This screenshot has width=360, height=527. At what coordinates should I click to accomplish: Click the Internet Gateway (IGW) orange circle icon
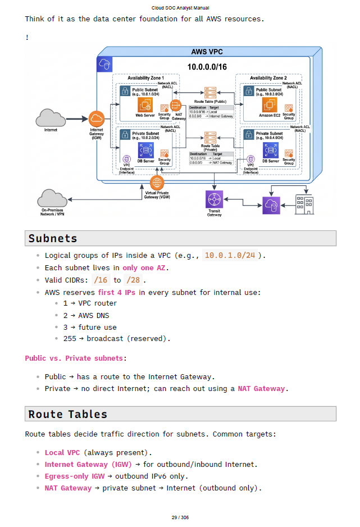pos(97,119)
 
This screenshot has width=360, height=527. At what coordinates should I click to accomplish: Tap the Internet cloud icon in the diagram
pos(51,118)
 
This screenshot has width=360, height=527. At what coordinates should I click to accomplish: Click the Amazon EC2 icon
pos(270,105)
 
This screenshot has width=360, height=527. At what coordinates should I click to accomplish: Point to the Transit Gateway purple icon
pos(214,199)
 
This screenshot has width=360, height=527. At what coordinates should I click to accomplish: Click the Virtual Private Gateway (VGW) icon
pos(157,182)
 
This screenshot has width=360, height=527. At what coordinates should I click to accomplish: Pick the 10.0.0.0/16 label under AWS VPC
pos(207,67)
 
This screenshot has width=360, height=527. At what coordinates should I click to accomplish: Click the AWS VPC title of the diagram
pos(207,52)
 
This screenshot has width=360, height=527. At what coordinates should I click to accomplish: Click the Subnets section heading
pos(53,239)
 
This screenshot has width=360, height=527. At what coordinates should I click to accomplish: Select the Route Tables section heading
pos(67,415)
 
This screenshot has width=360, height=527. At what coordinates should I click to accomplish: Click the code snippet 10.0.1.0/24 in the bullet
pos(230,256)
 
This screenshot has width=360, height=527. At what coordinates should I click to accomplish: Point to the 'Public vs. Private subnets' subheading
pos(74,358)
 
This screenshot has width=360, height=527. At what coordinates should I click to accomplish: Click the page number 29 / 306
pos(180,517)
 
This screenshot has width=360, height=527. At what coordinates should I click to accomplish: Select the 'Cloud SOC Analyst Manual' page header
pos(180,8)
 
